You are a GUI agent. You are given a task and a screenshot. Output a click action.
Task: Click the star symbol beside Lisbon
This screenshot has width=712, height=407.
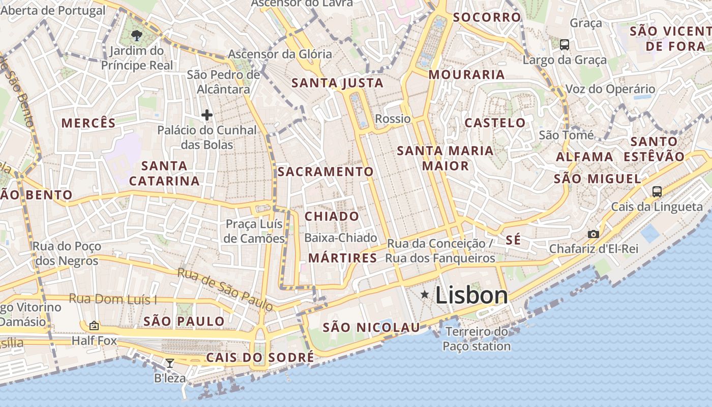(425, 295)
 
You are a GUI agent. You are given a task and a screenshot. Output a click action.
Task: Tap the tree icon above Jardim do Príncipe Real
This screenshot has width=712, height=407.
(136, 35)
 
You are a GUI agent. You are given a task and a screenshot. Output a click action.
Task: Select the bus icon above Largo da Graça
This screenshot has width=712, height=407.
(565, 45)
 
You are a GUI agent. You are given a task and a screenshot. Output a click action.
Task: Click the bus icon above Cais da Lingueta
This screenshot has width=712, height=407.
(657, 192)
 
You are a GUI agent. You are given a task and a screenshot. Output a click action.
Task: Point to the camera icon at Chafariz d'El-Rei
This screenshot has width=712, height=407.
(593, 234)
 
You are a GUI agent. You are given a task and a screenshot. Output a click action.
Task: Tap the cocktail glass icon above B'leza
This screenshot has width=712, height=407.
(170, 363)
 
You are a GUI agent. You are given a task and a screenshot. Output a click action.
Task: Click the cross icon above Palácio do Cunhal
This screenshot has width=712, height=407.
(207, 115)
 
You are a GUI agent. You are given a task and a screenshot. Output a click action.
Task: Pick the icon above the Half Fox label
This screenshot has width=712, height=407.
(94, 326)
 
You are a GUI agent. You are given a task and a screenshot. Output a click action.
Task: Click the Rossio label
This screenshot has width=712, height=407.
(393, 119)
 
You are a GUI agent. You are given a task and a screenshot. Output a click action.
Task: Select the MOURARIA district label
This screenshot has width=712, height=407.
(466, 75)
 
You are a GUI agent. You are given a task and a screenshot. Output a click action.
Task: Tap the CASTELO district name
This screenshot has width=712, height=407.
(495, 123)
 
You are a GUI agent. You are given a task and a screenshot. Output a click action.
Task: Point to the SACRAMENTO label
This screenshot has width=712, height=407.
(325, 172)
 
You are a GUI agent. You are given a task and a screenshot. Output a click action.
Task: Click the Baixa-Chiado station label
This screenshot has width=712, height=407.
(340, 238)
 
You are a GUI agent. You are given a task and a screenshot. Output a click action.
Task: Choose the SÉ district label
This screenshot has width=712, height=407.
(513, 240)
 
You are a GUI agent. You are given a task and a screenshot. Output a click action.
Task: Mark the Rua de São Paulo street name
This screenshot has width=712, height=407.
(225, 288)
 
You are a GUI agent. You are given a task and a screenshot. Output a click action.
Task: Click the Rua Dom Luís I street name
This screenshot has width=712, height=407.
(113, 299)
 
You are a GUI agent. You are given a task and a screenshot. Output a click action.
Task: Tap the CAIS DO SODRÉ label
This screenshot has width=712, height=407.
(260, 358)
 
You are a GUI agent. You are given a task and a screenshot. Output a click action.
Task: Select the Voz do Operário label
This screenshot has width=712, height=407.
(610, 90)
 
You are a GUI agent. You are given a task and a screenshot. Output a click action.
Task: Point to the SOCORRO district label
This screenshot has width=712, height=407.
(487, 17)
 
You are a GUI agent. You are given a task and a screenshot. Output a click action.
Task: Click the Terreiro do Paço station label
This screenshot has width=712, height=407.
(477, 339)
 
